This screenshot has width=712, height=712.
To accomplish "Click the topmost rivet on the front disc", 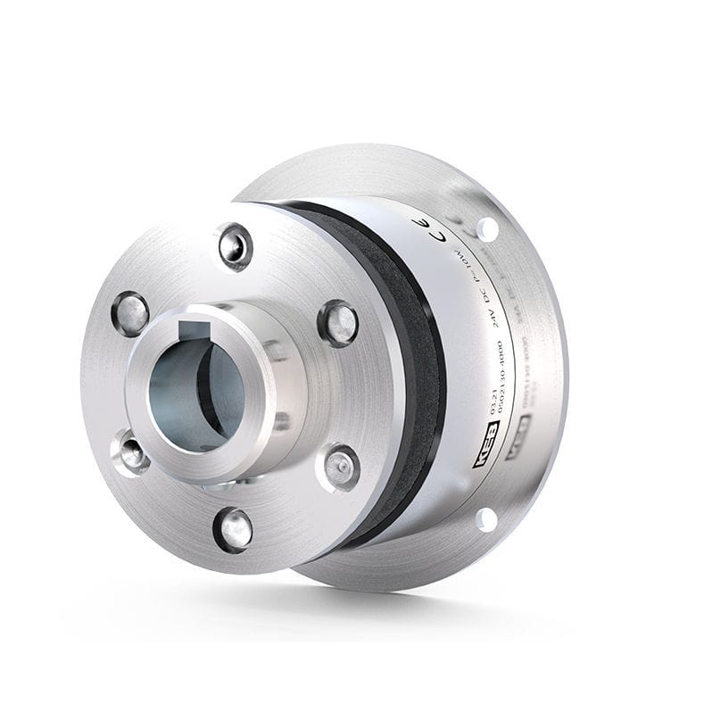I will point(236,247).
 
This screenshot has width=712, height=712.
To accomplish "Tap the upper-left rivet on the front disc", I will point(130,313).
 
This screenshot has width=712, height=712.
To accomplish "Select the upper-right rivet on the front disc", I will point(338,322).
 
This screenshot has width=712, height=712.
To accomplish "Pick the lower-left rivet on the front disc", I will point(130,452).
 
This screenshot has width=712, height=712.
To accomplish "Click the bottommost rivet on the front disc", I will point(233,529).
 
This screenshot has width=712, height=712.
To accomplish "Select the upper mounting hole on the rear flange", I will point(486,228).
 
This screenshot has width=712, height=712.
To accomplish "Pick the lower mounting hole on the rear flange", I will point(486,518).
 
